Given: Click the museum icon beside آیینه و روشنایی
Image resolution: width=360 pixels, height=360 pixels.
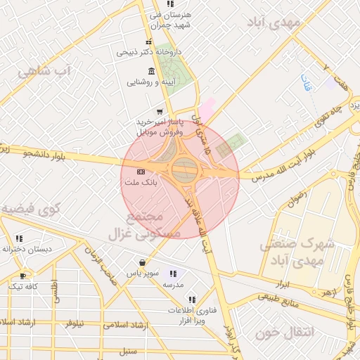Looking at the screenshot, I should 152,72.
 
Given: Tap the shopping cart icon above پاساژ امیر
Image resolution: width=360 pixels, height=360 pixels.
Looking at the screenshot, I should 160,111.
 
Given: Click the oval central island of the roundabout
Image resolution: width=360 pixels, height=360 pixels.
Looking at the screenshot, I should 184,171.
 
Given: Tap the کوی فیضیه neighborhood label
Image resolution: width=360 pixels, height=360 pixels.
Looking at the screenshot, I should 31,208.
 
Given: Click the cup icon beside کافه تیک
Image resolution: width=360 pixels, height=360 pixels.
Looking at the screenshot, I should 23,276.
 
